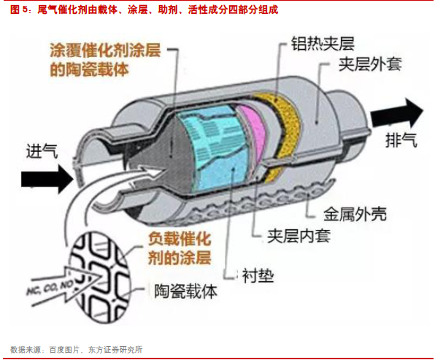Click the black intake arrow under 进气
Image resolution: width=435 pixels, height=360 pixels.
point(47,179)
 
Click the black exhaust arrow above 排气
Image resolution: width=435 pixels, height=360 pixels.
point(397,113)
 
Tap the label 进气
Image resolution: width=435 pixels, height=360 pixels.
point(42,152)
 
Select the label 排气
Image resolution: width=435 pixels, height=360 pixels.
point(401,139)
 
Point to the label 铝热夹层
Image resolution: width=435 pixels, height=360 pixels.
point(323,44)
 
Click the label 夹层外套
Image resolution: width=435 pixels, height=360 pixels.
point(370,64)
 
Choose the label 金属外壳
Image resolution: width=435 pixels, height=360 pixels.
point(355,214)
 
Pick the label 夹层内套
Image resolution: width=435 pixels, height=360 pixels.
point(299,236)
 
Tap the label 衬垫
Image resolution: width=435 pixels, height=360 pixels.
point(258,275)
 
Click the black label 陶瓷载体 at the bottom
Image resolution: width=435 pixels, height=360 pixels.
point(185,291)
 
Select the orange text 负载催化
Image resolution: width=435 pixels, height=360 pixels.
point(180,239)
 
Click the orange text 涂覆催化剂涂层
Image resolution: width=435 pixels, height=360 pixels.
point(105,50)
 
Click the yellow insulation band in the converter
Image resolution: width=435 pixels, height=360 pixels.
point(286,133)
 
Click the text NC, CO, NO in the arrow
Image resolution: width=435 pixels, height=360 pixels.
point(50,287)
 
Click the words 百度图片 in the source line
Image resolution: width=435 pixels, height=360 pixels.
point(64,350)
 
